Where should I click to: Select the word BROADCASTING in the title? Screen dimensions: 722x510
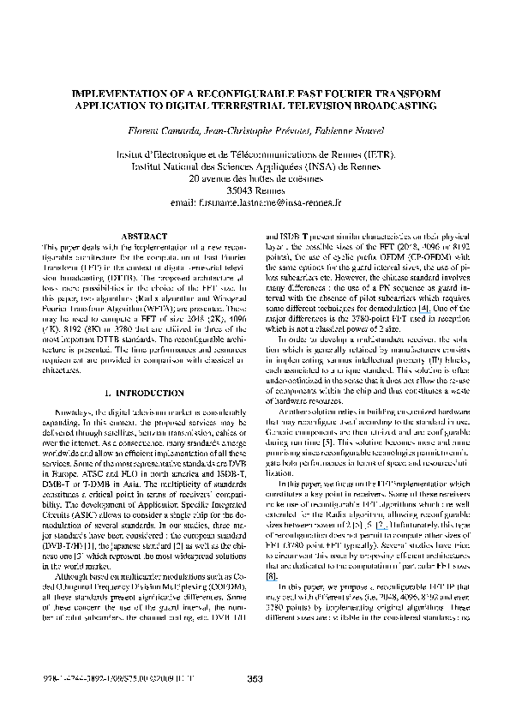click(x=392, y=105)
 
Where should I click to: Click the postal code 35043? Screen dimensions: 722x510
click(x=242, y=191)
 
